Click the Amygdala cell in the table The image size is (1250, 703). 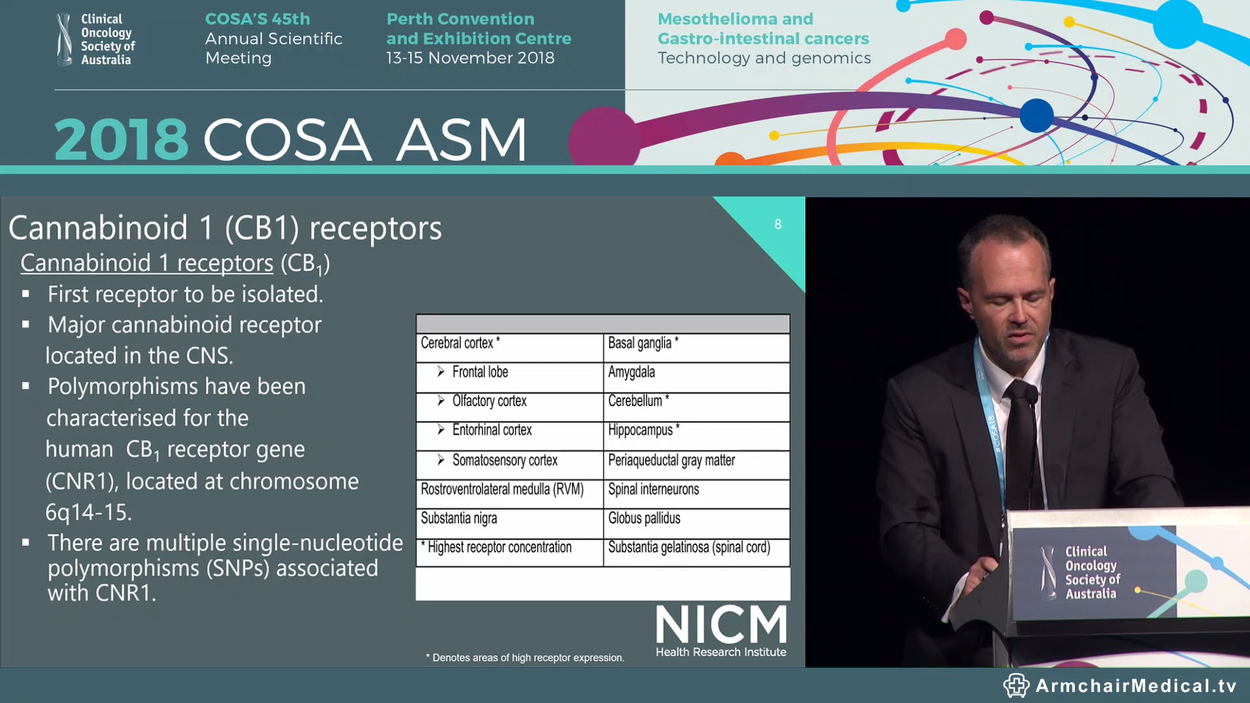[x=631, y=372]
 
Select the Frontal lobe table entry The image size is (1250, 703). [x=480, y=372]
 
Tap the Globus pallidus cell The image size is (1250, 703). [x=644, y=519]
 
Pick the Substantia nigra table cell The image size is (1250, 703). [x=458, y=519]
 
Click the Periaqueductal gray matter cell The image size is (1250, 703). [x=671, y=460]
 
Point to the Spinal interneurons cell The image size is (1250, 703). [x=653, y=489]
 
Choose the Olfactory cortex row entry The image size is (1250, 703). [x=489, y=401]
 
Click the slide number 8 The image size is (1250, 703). [x=777, y=225]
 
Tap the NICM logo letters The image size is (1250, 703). [x=721, y=625]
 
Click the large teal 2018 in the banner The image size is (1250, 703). [x=121, y=139]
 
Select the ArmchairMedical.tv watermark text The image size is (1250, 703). [x=1135, y=685]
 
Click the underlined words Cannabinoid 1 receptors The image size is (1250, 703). [x=146, y=263]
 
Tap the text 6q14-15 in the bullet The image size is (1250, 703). [x=89, y=512]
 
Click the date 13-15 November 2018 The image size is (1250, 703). [x=470, y=58]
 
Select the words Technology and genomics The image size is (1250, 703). [x=764, y=58]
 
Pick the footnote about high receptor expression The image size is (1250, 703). [x=525, y=657]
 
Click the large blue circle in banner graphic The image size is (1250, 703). [x=1036, y=115]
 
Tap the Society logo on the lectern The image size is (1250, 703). [x=1081, y=572]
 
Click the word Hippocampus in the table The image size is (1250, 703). [x=640, y=430]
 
